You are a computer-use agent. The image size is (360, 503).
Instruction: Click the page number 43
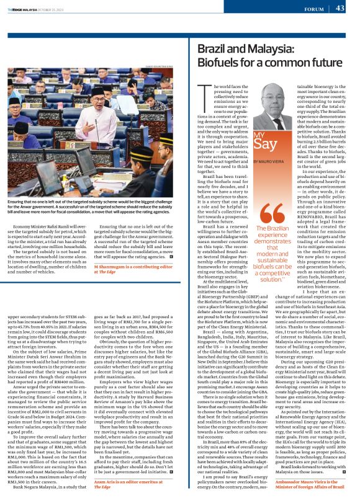pos(340,8)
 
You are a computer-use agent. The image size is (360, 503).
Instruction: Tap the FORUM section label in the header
pos(315,9)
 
